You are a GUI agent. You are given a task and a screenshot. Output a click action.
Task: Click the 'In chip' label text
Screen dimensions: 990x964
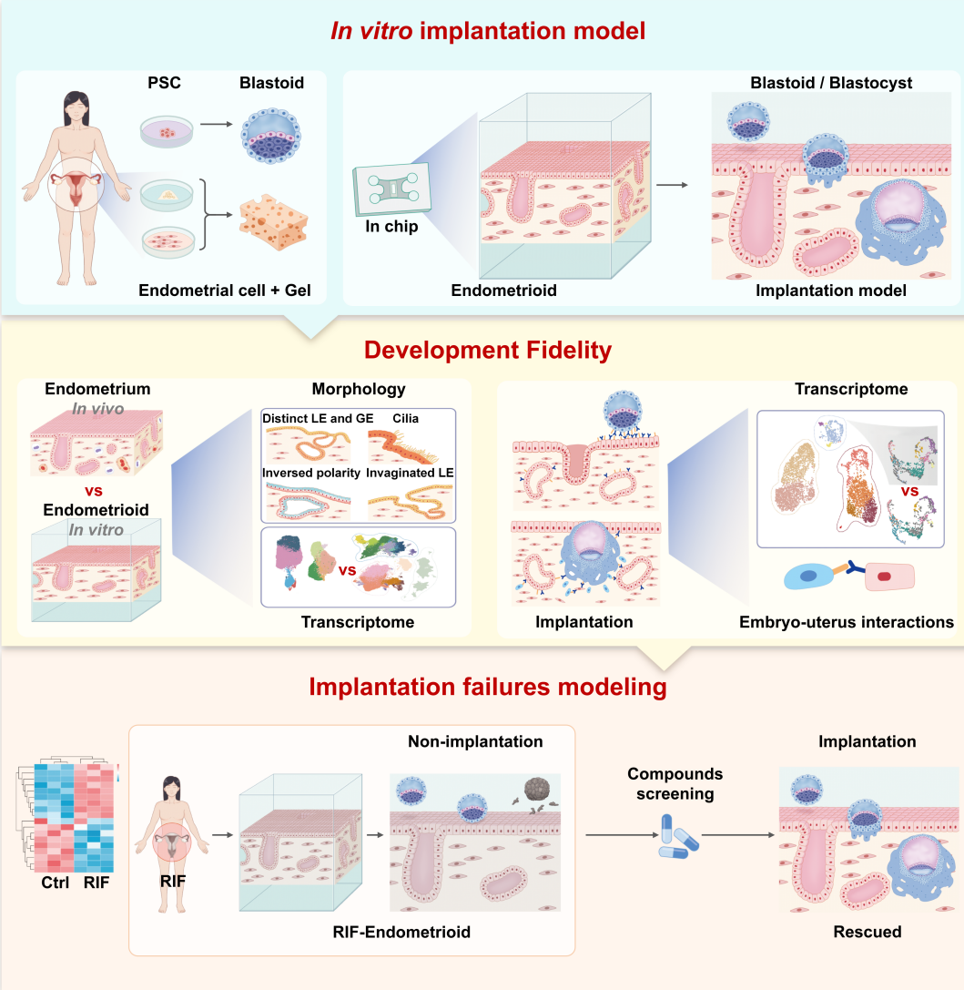(393, 227)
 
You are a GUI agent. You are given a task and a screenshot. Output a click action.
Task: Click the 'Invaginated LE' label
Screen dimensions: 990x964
(410, 473)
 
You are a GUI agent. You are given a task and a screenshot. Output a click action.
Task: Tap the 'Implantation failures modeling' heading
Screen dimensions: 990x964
(488, 687)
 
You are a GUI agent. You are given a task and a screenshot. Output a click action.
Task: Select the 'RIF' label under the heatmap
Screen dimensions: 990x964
(95, 883)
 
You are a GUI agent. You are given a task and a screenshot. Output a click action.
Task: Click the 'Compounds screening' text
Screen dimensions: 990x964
(675, 783)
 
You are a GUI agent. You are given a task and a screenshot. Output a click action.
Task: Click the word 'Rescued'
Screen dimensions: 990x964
(867, 932)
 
